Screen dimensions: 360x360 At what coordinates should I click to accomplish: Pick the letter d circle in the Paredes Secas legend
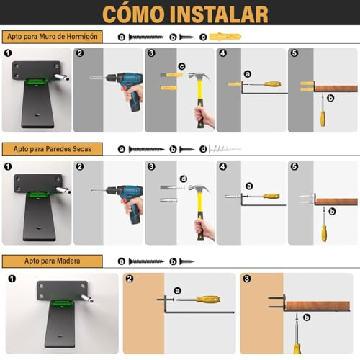click(202, 149)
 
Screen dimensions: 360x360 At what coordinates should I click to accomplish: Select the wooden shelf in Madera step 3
click(320, 307)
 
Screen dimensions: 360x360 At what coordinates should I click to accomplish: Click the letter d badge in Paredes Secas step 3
click(184, 179)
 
